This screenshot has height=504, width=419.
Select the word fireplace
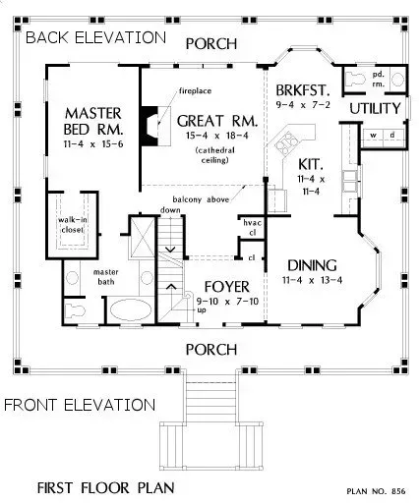[x=196, y=90]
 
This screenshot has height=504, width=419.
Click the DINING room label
[x=313, y=264]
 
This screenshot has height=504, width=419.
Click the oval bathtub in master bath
[x=128, y=312]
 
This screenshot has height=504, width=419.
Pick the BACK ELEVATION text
[x=94, y=37]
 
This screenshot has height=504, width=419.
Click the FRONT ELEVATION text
[x=79, y=404]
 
